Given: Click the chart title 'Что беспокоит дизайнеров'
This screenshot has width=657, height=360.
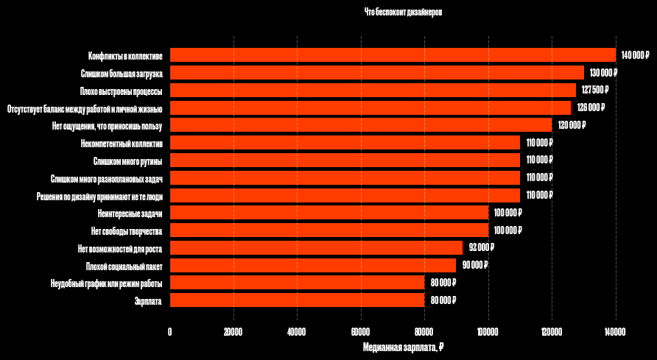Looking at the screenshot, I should (x=403, y=13).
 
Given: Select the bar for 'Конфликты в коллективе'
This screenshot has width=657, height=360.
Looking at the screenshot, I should (x=393, y=55).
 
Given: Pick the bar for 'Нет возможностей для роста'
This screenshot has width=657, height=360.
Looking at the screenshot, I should (x=316, y=247).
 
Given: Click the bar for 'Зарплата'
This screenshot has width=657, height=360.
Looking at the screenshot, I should (x=297, y=300).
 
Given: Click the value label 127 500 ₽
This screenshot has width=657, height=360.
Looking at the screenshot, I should (x=595, y=90).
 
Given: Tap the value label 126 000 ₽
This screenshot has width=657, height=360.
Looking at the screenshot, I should (x=591, y=107).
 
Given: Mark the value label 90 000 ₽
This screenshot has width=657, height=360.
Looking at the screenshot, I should (x=474, y=265).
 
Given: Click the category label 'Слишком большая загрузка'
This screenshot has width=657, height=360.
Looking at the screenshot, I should (x=122, y=73).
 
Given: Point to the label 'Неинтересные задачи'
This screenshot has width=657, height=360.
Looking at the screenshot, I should (x=130, y=213).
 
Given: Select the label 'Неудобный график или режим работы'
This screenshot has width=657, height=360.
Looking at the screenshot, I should (x=106, y=283).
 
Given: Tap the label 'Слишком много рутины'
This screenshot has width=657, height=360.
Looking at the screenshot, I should (x=128, y=160).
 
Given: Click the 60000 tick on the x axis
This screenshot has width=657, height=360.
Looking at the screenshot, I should (x=361, y=332).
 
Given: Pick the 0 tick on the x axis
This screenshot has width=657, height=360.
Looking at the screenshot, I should (x=170, y=332).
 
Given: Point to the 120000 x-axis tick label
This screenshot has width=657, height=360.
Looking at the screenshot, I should (x=552, y=332).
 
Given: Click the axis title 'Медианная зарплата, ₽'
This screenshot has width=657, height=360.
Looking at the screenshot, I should (x=403, y=347).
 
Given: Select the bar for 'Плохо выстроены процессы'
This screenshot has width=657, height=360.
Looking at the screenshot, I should (x=373, y=90).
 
